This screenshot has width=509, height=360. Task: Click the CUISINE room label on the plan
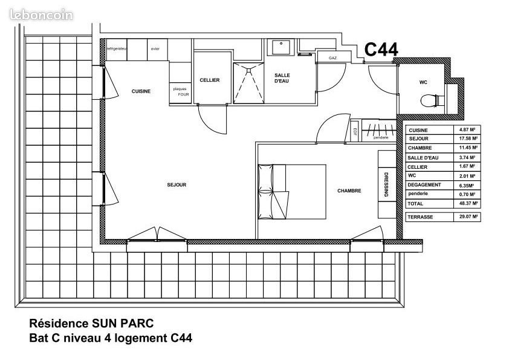point(141,91)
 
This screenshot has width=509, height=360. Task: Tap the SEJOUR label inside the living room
point(176,185)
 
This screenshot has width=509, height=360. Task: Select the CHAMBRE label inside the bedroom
point(349,191)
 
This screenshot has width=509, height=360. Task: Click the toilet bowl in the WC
point(430,100)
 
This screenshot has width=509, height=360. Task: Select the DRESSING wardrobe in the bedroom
point(386,185)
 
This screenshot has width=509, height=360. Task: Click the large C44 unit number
point(381,51)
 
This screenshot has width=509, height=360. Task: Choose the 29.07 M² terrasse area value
point(467,217)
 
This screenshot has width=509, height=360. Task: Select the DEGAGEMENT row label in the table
point(424,185)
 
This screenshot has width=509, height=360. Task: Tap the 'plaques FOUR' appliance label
point(180,91)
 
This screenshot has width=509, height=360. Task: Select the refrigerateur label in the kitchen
point(116,48)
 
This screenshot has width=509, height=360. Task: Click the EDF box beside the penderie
point(355,132)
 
